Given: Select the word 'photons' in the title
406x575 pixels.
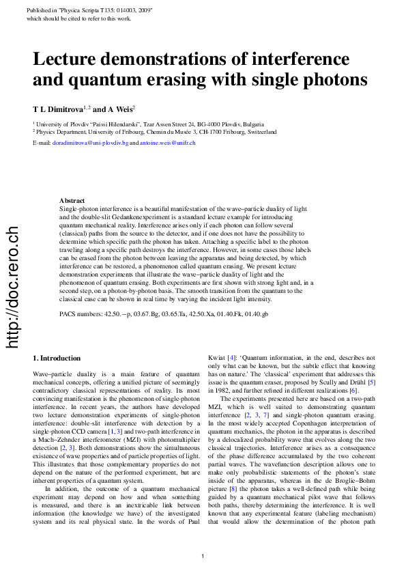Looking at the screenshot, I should click(332, 80).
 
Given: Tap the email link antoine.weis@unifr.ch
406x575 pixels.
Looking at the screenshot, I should click(168, 143).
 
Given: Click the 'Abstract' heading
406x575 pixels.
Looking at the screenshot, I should click(72, 199).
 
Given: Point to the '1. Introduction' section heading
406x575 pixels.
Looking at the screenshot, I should click(57, 358).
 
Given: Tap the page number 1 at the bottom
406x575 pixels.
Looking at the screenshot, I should click(203, 557).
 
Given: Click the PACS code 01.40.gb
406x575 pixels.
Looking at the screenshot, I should click(257, 313).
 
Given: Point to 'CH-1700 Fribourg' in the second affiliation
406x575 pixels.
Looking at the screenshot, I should click(252, 131).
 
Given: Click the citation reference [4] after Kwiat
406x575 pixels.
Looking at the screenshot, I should click(231, 357).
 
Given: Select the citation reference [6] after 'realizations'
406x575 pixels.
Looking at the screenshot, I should click(353, 390).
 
